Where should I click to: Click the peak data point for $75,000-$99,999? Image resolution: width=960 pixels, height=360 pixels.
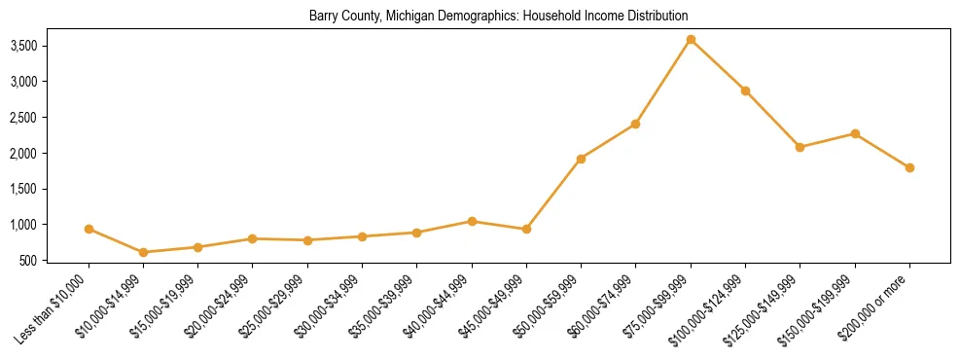tap(691, 39)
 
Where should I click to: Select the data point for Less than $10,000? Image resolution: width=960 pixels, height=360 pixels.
tap(89, 229)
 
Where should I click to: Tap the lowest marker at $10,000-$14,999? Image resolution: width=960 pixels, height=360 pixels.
tap(143, 252)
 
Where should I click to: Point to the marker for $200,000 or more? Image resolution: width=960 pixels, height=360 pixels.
tap(909, 167)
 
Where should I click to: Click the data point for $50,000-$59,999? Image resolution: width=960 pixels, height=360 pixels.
tap(581, 159)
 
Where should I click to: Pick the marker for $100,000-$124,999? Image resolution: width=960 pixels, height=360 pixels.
tap(745, 90)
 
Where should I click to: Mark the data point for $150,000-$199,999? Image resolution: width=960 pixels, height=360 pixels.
tap(855, 133)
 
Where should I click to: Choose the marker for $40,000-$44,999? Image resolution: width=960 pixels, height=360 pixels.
tap(472, 221)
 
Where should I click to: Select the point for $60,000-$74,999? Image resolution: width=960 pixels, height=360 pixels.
tap(635, 124)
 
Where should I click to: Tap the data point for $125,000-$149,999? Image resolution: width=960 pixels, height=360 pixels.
tap(800, 147)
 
